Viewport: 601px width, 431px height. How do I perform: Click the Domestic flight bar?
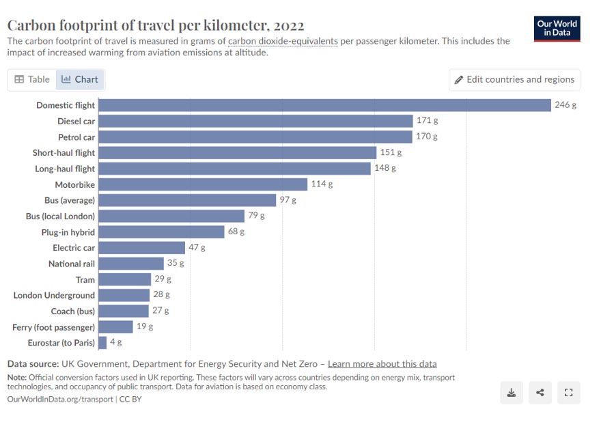click(324, 105)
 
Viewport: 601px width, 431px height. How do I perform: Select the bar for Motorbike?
click(203, 184)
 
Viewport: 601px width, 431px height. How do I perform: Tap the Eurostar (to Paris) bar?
click(102, 342)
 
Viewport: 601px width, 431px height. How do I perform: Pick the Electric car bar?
click(142, 247)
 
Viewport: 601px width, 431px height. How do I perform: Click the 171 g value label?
click(428, 121)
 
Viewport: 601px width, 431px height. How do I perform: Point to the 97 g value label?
click(288, 200)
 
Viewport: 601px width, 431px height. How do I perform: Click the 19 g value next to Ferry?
click(145, 326)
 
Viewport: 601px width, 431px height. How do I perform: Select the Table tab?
click(32, 79)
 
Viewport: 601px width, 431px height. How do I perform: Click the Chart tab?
click(80, 79)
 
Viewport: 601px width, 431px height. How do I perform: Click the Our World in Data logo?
click(557, 28)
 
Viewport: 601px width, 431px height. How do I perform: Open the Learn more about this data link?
click(382, 363)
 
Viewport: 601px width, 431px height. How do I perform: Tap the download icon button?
click(512, 393)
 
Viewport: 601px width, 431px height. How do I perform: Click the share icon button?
click(540, 393)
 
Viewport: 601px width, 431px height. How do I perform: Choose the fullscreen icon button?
click(568, 393)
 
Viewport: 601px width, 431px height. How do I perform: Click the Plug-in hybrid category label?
click(68, 232)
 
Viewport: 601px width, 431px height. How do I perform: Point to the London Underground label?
click(54, 295)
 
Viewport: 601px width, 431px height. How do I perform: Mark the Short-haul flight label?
click(64, 153)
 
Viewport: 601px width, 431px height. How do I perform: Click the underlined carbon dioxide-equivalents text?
click(283, 41)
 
